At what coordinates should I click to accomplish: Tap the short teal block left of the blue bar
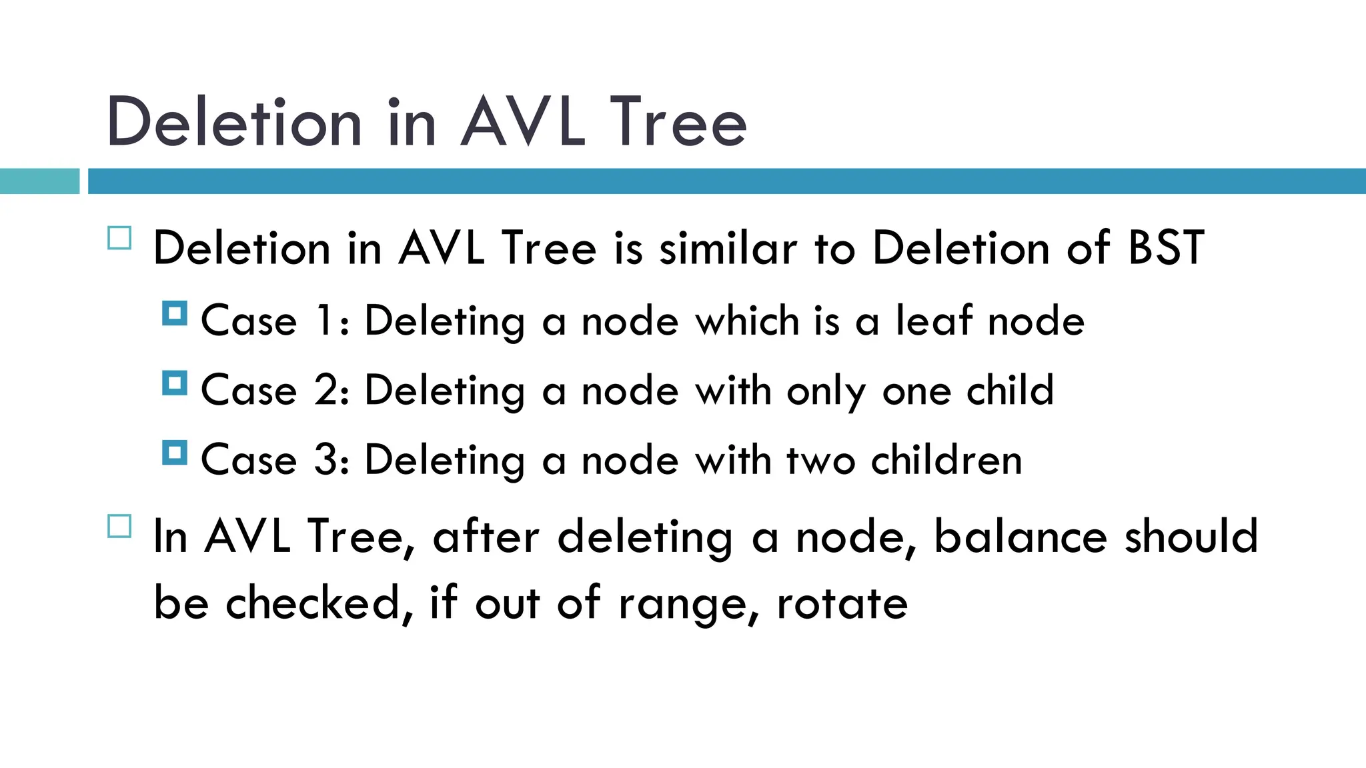click(39, 181)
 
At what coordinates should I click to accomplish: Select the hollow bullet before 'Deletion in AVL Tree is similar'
click(119, 238)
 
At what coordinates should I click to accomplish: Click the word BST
click(1166, 248)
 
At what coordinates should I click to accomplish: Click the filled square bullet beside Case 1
click(175, 313)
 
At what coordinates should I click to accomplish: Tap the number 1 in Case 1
click(325, 321)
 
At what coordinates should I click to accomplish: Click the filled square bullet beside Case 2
click(175, 383)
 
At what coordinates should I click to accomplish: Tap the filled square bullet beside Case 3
click(175, 453)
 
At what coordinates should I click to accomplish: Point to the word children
click(946, 460)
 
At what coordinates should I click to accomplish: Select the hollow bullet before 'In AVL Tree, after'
click(119, 526)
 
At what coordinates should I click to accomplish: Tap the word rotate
click(842, 604)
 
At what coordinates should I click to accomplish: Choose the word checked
click(313, 604)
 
